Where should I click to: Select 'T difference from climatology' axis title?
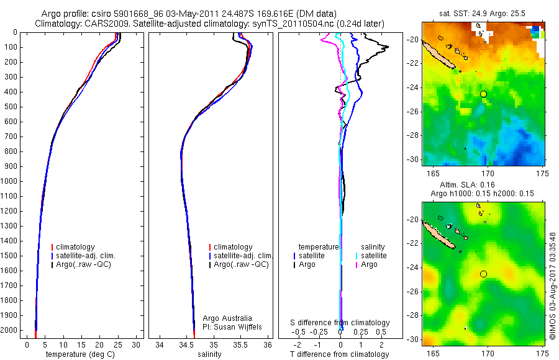point(340,354)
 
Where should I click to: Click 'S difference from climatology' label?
point(340,323)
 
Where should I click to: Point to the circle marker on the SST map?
point(483,94)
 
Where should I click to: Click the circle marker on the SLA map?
point(483,274)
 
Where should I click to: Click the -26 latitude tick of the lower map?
point(413,291)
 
